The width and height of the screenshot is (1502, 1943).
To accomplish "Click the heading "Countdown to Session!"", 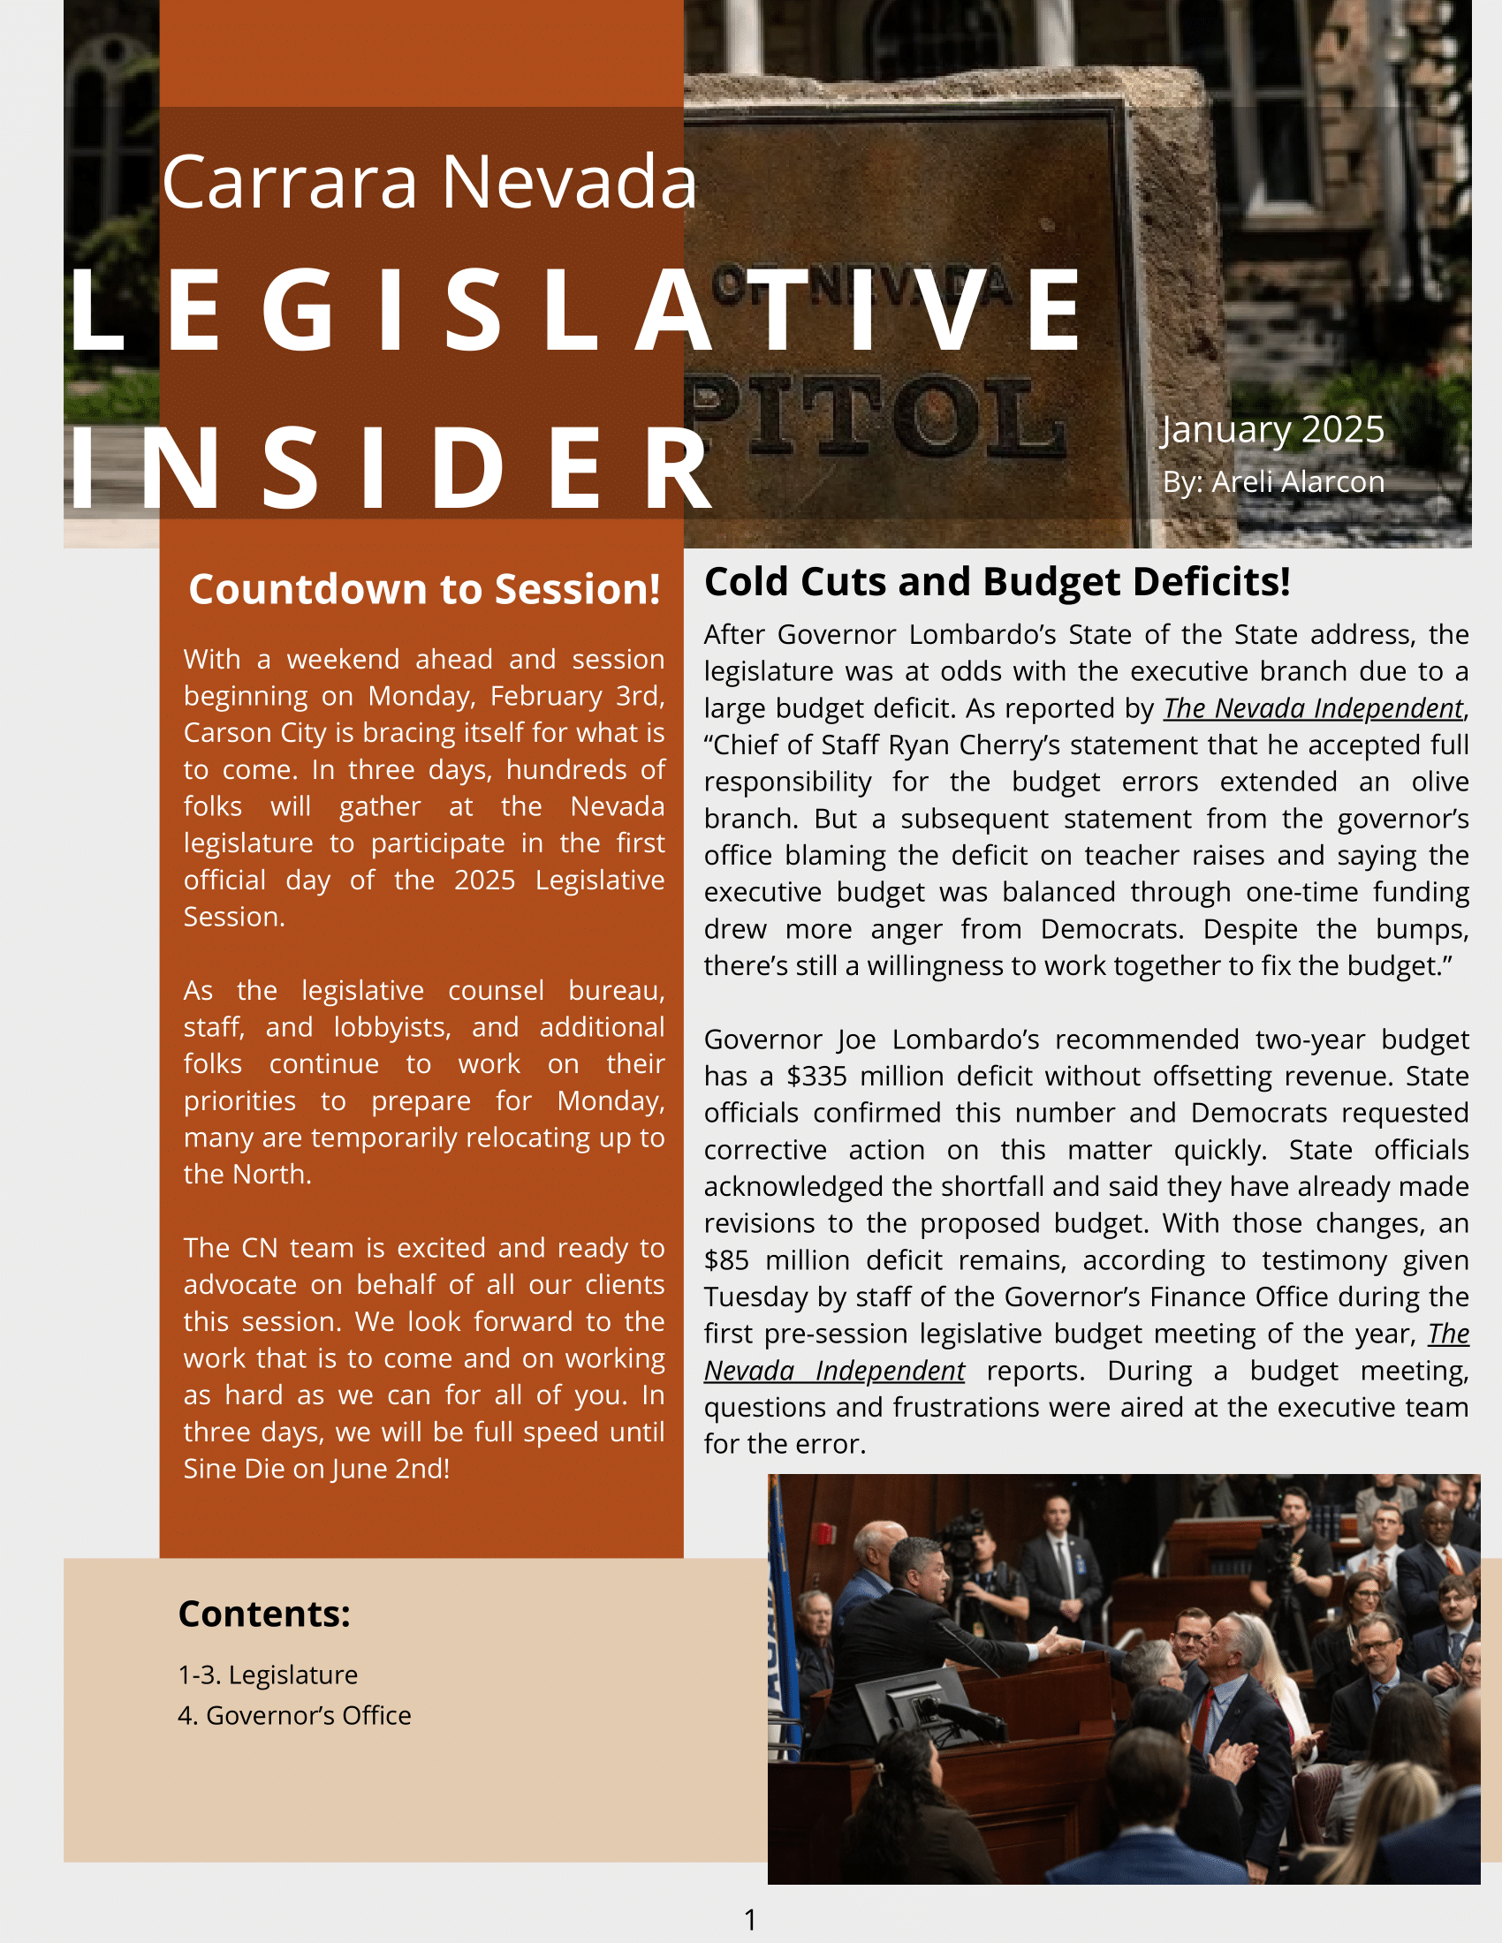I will [424, 589].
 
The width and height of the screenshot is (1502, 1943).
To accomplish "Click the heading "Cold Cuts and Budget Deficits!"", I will [997, 582].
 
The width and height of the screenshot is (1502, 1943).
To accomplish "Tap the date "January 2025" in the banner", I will [1272, 430].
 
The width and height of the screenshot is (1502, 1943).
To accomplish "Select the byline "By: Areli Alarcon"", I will [1273, 481].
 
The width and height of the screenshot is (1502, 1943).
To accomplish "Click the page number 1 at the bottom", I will [750, 1919].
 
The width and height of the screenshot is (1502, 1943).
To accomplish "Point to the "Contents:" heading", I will [264, 1613].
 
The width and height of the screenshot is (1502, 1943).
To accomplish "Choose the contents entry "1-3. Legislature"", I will [268, 1675].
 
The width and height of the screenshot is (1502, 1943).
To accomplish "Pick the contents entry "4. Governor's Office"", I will [294, 1714].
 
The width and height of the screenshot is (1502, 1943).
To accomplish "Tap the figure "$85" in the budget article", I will [726, 1260].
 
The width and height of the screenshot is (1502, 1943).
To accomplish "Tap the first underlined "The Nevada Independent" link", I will [1313, 708].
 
